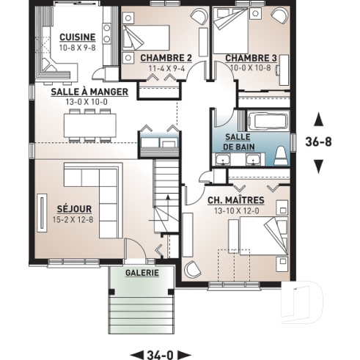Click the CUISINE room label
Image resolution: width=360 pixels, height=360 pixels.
[76, 37]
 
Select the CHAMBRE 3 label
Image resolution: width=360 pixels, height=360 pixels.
[251, 57]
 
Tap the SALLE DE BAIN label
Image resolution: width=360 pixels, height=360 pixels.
[238, 142]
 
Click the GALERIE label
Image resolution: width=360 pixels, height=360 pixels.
[142, 272]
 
